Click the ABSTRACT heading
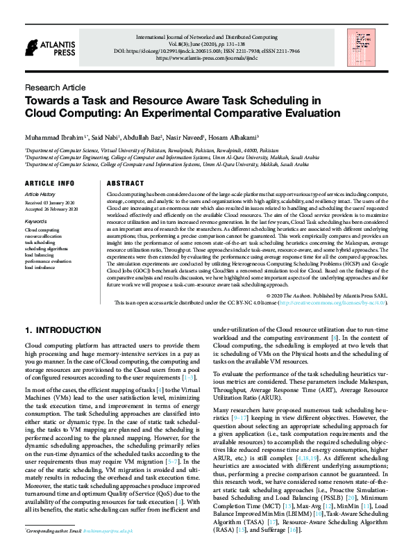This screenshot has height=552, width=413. point(120,183)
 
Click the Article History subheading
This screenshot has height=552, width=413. point(40,194)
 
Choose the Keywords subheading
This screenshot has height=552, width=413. point(35,221)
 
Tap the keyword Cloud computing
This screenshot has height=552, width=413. point(42,229)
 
